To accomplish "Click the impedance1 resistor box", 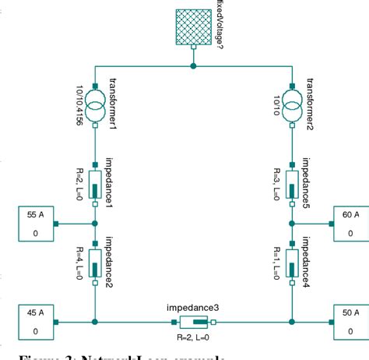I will click(x=95, y=184).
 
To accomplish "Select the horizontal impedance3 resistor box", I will click(x=193, y=321).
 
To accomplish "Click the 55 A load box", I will click(x=34, y=223).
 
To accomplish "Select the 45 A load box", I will click(x=34, y=321).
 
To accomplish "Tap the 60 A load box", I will click(x=350, y=223).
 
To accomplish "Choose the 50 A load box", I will click(x=350, y=321).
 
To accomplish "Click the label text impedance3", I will click(x=193, y=308).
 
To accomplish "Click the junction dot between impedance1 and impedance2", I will click(x=95, y=223).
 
